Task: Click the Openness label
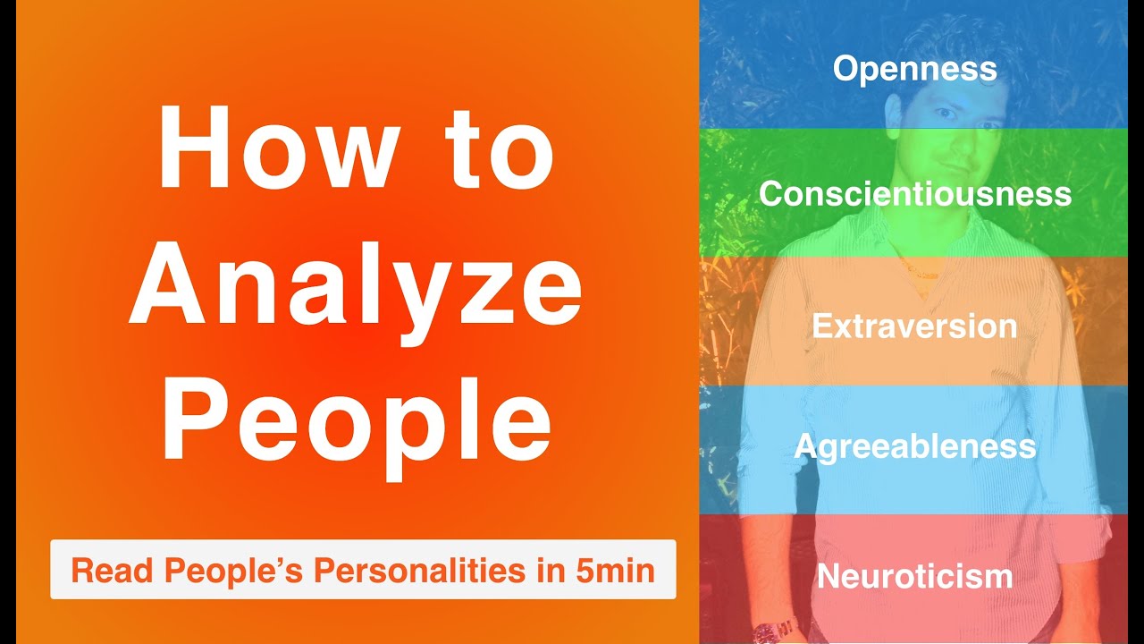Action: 914,69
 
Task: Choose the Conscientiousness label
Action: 914,194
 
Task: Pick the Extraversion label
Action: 914,326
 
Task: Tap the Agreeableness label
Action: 914,446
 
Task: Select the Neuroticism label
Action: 914,577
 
